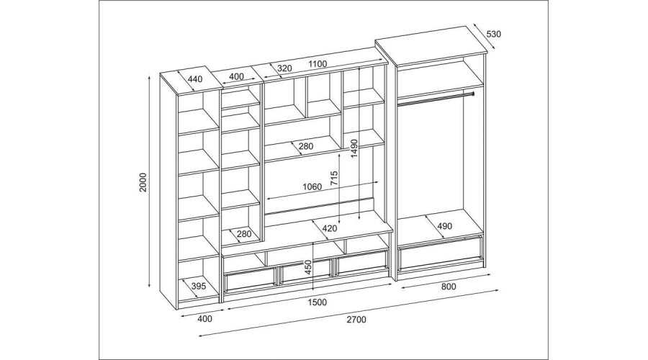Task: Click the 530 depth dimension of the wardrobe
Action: pyautogui.click(x=493, y=34)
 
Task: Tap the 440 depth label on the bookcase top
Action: pyautogui.click(x=195, y=78)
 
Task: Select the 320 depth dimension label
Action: pyautogui.click(x=284, y=68)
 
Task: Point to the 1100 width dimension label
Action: pyautogui.click(x=318, y=64)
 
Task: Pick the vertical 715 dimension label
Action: pyautogui.click(x=334, y=177)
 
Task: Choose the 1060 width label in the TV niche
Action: pyautogui.click(x=312, y=186)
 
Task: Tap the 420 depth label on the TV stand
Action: pyautogui.click(x=330, y=228)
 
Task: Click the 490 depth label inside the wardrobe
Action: pyautogui.click(x=445, y=226)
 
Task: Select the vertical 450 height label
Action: pyautogui.click(x=308, y=268)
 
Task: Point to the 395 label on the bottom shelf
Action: pyautogui.click(x=199, y=286)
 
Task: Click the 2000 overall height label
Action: pyautogui.click(x=143, y=182)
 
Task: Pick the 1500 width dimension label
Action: pyautogui.click(x=317, y=302)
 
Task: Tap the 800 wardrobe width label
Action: pyautogui.click(x=449, y=287)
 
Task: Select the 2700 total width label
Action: pyautogui.click(x=356, y=319)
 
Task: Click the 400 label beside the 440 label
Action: pyautogui.click(x=236, y=76)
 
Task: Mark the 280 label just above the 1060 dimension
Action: pyautogui.click(x=306, y=146)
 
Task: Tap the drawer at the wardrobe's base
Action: pyautogui.click(x=441, y=253)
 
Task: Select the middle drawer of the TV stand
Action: pyautogui.click(x=305, y=272)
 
